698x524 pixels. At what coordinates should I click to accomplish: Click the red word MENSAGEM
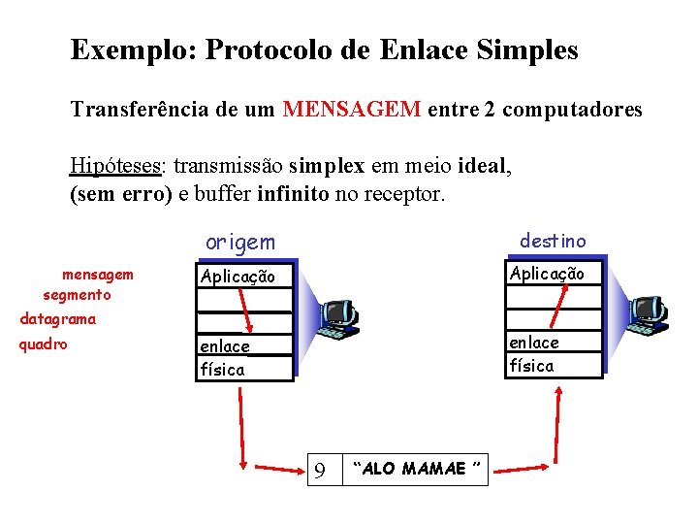click(352, 110)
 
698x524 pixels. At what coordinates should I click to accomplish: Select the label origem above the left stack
click(239, 242)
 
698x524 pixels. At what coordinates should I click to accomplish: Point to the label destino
click(553, 239)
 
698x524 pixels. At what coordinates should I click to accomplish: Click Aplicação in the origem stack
click(238, 277)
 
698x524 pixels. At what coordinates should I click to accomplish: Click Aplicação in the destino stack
click(547, 274)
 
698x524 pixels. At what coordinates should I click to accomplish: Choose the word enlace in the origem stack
click(225, 346)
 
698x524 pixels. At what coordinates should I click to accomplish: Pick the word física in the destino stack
click(531, 366)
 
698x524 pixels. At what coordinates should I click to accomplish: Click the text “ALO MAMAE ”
click(418, 470)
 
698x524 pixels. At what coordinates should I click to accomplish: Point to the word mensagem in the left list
click(98, 275)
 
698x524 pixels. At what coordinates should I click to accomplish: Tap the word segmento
click(78, 294)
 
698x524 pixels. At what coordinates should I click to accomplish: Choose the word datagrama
click(58, 318)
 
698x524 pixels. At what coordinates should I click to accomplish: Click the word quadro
click(44, 343)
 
